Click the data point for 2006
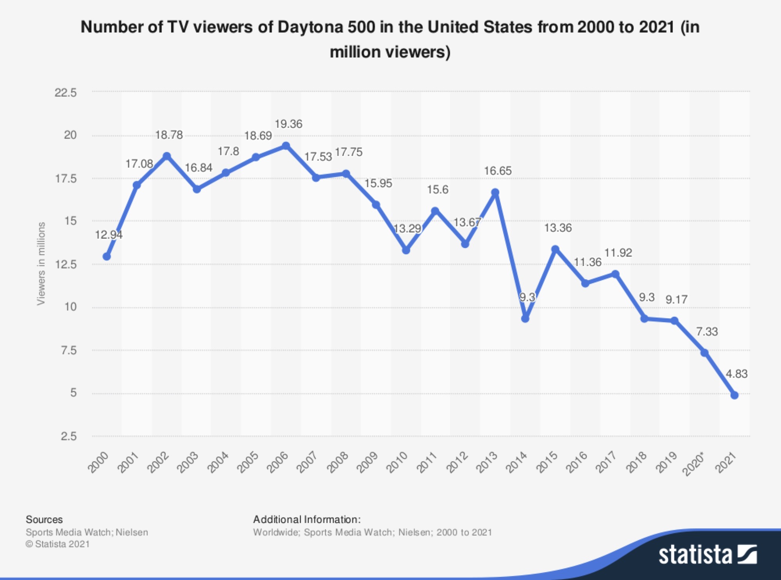tap(286, 146)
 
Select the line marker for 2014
tap(525, 319)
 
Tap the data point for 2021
tap(735, 395)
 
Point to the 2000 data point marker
tap(107, 257)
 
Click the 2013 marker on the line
tap(495, 193)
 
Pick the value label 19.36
tap(288, 124)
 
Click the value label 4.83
tap(736, 374)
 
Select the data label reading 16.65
tap(498, 171)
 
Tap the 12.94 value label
tap(109, 235)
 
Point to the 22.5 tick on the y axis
tap(66, 93)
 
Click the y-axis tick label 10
tap(70, 307)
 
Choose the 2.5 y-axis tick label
tap(69, 436)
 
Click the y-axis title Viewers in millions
tap(41, 264)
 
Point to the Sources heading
tap(44, 519)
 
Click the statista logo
tap(707, 555)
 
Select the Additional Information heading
tap(307, 519)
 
